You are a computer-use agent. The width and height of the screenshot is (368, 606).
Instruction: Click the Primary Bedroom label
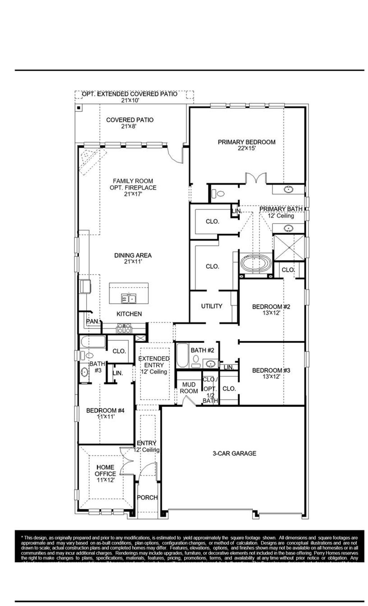click(x=247, y=142)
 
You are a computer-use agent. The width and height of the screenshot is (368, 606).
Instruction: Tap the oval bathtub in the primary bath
click(x=254, y=263)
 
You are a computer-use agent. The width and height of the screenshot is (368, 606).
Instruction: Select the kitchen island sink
click(x=128, y=298)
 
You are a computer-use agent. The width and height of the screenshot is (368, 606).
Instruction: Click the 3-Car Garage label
click(x=234, y=453)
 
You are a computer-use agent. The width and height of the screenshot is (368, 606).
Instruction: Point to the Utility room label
click(x=211, y=306)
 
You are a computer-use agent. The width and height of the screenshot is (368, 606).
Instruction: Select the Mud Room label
click(x=189, y=388)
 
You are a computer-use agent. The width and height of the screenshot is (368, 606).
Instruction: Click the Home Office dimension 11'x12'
click(x=105, y=480)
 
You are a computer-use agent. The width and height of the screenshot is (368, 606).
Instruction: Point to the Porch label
click(x=147, y=498)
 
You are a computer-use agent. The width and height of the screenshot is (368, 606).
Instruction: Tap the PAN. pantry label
click(x=93, y=321)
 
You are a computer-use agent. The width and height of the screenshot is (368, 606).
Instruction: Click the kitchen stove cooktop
click(x=124, y=328)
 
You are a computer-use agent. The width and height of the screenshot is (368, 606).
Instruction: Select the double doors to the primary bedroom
click(x=256, y=179)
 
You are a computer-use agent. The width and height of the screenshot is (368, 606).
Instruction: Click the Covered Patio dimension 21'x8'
click(x=130, y=126)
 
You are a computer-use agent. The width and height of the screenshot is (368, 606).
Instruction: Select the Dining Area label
click(x=133, y=255)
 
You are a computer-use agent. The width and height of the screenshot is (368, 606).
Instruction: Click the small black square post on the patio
click(x=78, y=107)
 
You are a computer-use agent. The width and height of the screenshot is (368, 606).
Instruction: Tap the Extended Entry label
click(x=154, y=362)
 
